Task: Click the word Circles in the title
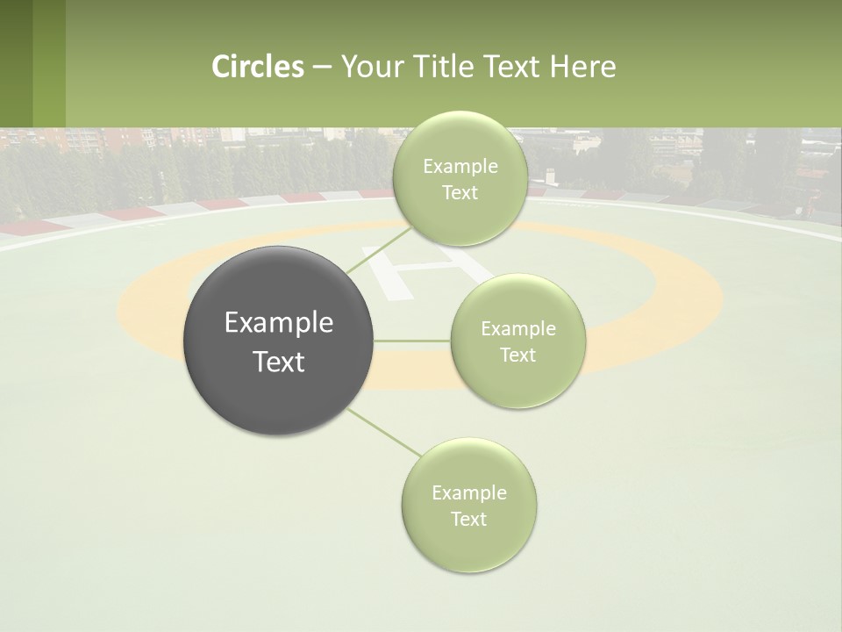(258, 67)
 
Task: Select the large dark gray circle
(278, 341)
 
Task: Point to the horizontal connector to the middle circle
(411, 341)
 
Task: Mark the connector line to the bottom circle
(383, 433)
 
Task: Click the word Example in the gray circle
(278, 323)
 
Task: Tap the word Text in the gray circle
(278, 362)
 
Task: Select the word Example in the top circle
(460, 167)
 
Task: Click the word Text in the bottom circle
(468, 519)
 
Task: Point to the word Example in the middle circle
(517, 329)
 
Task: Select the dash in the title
(322, 67)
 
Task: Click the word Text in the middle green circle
(517, 355)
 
